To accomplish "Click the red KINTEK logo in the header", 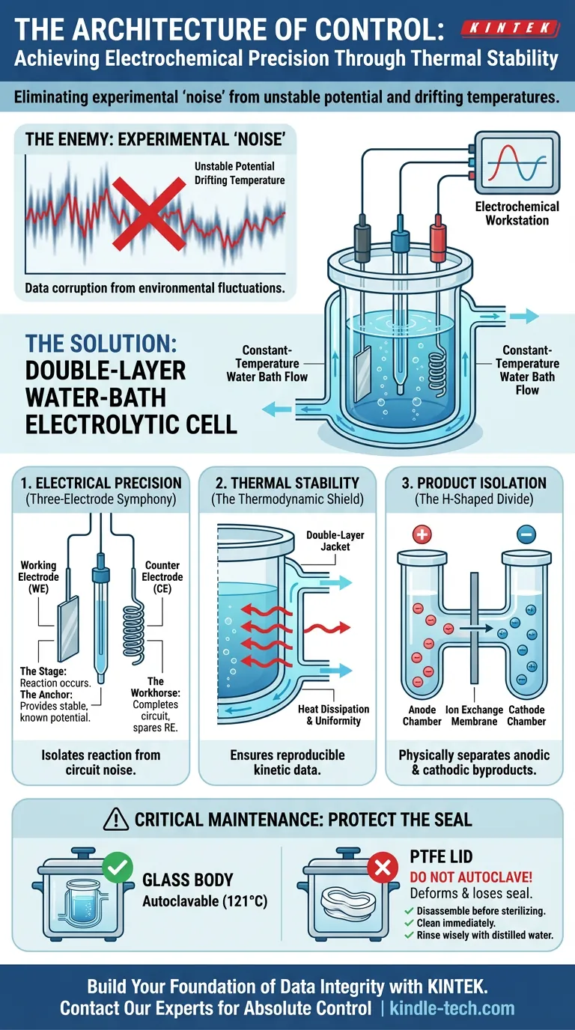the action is point(510,28).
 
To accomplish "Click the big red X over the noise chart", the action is point(149,214).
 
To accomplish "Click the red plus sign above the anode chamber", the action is point(422,534).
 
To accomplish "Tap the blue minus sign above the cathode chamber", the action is point(526,534).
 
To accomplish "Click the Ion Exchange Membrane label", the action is point(474,716).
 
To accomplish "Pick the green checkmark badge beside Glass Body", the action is point(118,868).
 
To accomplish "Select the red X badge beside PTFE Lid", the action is point(383,868).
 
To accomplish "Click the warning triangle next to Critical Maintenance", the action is point(116,820).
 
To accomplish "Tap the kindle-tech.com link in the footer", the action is point(452,1008).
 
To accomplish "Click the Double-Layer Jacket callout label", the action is point(335,540).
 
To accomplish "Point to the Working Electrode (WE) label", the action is point(39,576).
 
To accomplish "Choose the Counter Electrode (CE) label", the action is point(162,576).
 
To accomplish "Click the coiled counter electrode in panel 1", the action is point(134,633).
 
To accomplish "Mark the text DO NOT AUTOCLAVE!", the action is point(471,877).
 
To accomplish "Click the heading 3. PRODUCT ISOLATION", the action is point(474,483).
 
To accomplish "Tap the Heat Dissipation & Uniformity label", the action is point(333,715).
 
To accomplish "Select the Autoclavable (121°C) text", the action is point(204,902).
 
